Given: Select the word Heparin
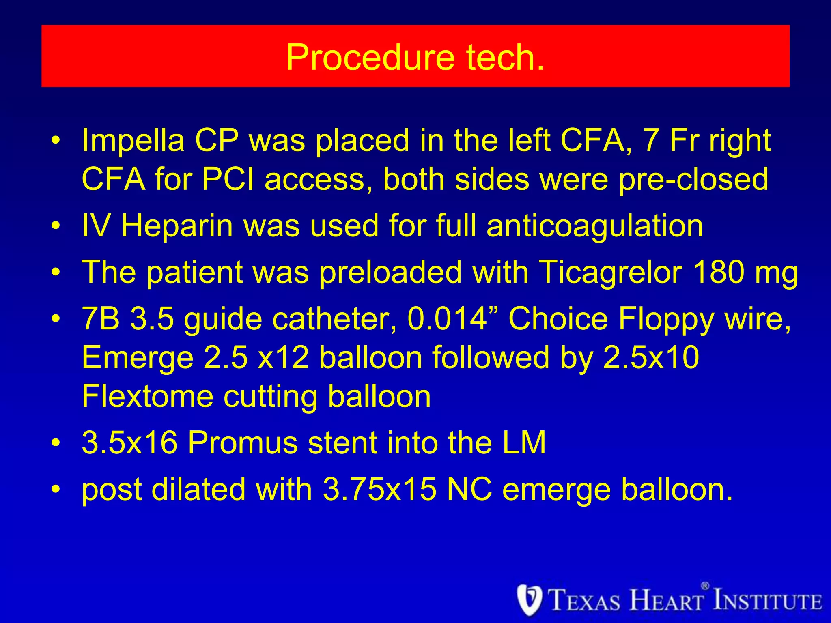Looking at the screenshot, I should [177, 226].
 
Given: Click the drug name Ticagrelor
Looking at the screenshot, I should [610, 272].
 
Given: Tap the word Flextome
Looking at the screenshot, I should [147, 396].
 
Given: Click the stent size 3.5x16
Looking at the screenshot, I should [129, 443].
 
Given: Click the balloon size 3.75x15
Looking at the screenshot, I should [379, 489].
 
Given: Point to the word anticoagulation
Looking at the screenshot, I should [594, 226].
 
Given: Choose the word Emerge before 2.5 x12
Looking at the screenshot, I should [138, 358].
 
